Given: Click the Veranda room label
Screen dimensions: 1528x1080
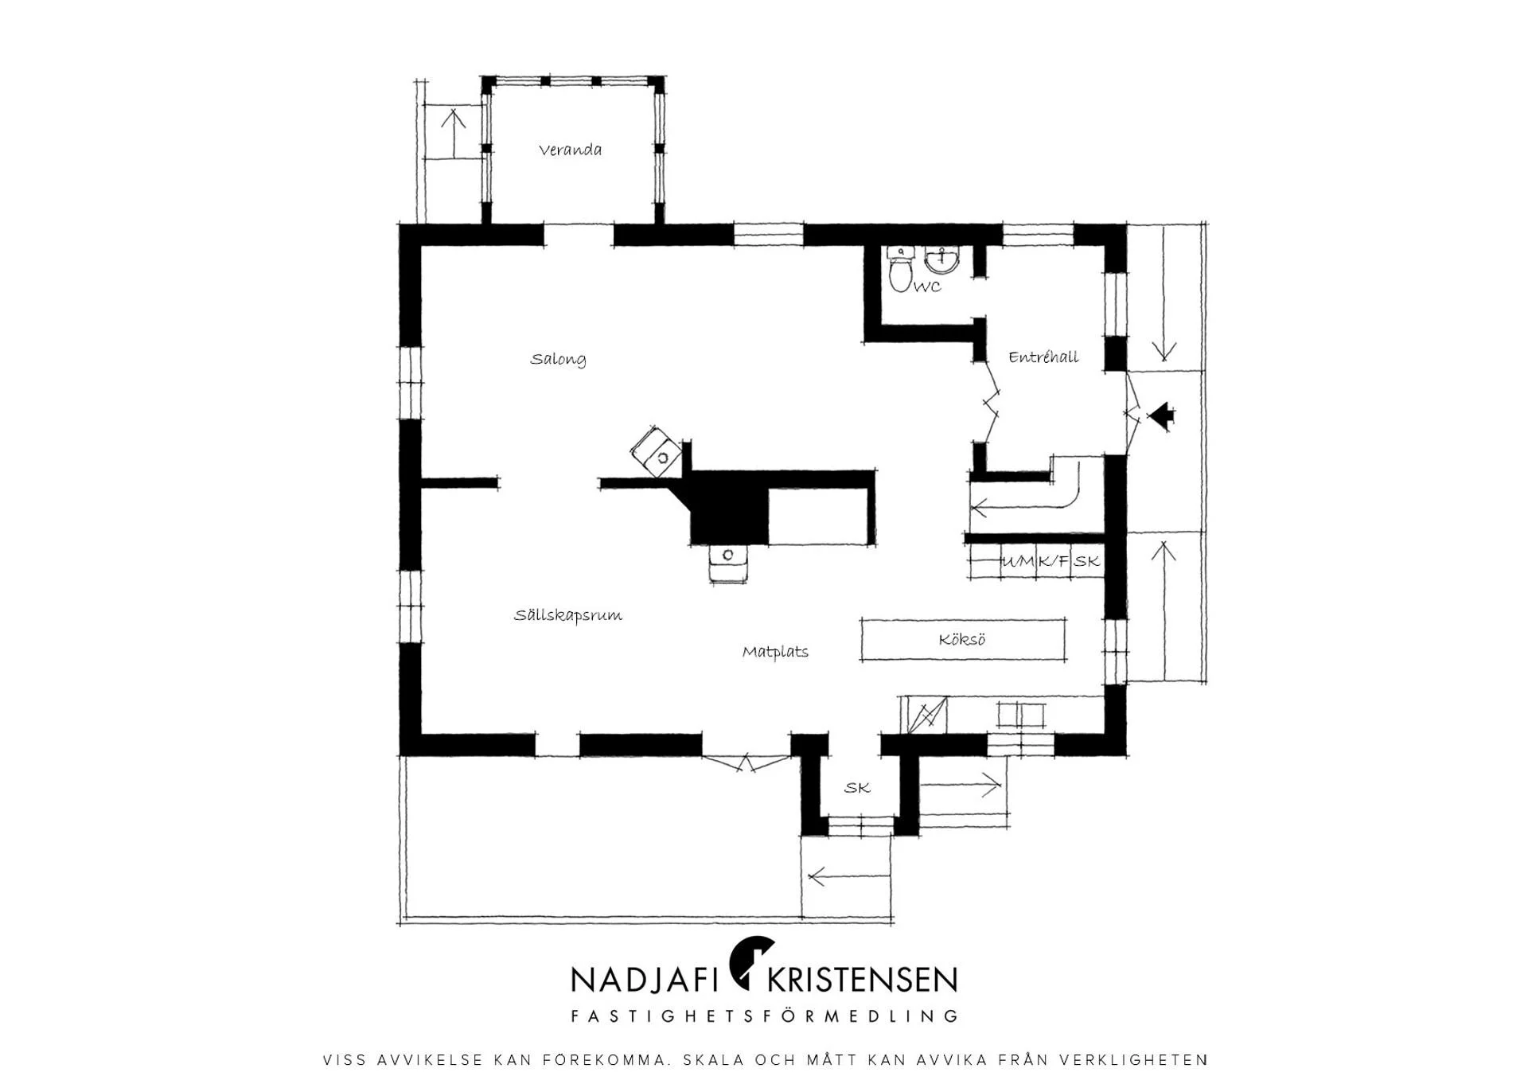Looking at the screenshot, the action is coord(570,150).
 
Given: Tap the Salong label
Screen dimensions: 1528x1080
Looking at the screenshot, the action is coord(558,359).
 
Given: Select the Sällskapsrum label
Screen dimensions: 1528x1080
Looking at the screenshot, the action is coord(567,615).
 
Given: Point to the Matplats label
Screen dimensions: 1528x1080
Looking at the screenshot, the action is coord(775,652).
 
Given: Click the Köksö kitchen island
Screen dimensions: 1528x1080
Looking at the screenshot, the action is coord(963,640).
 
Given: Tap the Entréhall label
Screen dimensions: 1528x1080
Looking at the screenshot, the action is coord(1043,357).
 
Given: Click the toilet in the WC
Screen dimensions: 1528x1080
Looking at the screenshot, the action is coord(900,270).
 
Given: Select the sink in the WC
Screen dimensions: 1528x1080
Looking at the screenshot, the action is coord(943,260).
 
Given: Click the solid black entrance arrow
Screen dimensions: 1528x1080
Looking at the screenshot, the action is coord(1161,415).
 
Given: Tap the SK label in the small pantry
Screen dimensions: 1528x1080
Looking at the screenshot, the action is coord(857,788).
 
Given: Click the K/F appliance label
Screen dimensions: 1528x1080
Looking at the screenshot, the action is coord(1054,561).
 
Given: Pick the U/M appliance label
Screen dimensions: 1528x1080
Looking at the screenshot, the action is coord(1019,561).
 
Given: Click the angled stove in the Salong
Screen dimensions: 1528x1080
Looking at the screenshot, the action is coord(657,451).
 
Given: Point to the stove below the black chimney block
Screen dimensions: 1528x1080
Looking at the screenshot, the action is coord(728,563).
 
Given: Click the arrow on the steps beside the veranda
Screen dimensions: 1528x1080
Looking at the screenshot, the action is coord(454,133).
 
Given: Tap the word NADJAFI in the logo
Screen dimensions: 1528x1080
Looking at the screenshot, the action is coord(639,980).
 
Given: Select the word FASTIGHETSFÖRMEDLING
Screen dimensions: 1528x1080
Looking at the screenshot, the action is coord(764,1016).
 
